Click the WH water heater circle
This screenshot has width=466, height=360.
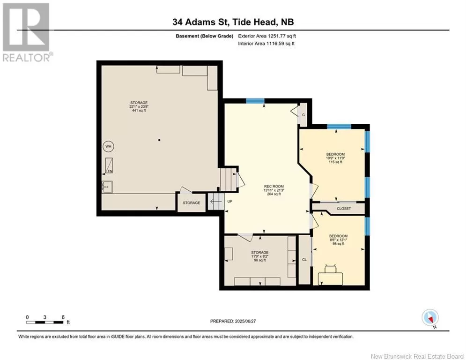coord(108,146)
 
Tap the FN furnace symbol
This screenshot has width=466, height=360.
coord(109,165)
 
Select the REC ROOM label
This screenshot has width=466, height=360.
coord(274,187)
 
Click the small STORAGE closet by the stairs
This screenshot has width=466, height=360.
coord(192,203)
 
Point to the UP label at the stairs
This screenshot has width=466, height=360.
coord(230,202)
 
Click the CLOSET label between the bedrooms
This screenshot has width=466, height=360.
coord(344,209)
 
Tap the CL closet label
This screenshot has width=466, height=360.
coord(304,260)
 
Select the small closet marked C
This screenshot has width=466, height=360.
coord(303,114)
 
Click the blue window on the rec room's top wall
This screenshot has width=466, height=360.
coord(255,101)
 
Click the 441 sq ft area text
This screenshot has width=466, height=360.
coord(139,110)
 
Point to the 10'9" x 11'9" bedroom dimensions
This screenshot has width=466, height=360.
coord(335,158)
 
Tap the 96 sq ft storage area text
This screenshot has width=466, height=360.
coord(260,260)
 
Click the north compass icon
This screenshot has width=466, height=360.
coord(430,318)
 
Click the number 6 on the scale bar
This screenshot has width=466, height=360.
coord(63,317)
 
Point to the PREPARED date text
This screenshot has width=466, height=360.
coord(233,321)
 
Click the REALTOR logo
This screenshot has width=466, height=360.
coord(27,32)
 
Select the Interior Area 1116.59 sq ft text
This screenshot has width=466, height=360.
coord(266,44)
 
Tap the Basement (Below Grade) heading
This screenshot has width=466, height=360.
coord(205,36)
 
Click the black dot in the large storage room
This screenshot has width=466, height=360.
coord(159,140)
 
